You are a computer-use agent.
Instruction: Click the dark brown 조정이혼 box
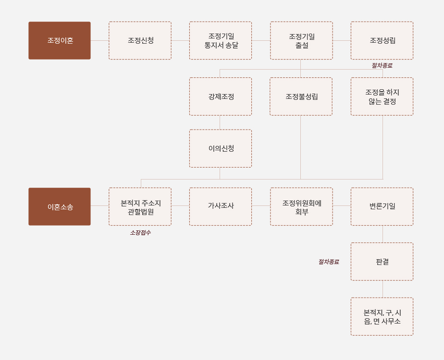click(x=60, y=40)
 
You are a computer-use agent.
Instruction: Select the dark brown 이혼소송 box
click(x=60, y=206)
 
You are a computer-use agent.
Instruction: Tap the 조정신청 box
click(x=140, y=40)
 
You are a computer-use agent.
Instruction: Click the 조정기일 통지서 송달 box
click(x=221, y=40)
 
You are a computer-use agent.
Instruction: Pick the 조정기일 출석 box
click(x=301, y=40)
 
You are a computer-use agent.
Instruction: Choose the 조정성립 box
click(x=382, y=40)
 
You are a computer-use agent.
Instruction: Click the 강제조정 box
click(x=221, y=96)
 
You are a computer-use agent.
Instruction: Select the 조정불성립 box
click(x=301, y=96)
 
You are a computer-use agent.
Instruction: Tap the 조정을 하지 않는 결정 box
click(x=382, y=96)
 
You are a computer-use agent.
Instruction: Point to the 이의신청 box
click(x=221, y=148)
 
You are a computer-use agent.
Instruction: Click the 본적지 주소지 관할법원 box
click(x=140, y=206)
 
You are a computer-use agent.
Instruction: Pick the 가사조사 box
click(x=221, y=206)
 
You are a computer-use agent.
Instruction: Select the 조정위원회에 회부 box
click(x=301, y=206)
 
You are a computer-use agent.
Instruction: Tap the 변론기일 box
click(x=382, y=206)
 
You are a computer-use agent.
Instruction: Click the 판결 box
click(x=382, y=262)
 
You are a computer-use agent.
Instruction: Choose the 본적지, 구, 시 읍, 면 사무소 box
click(x=382, y=316)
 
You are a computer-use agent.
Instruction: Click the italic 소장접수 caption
click(x=140, y=233)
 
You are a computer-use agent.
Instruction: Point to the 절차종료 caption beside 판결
click(x=329, y=262)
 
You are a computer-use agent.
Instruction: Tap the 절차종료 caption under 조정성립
click(x=382, y=66)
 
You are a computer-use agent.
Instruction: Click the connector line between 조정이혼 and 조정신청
click(x=99, y=40)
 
